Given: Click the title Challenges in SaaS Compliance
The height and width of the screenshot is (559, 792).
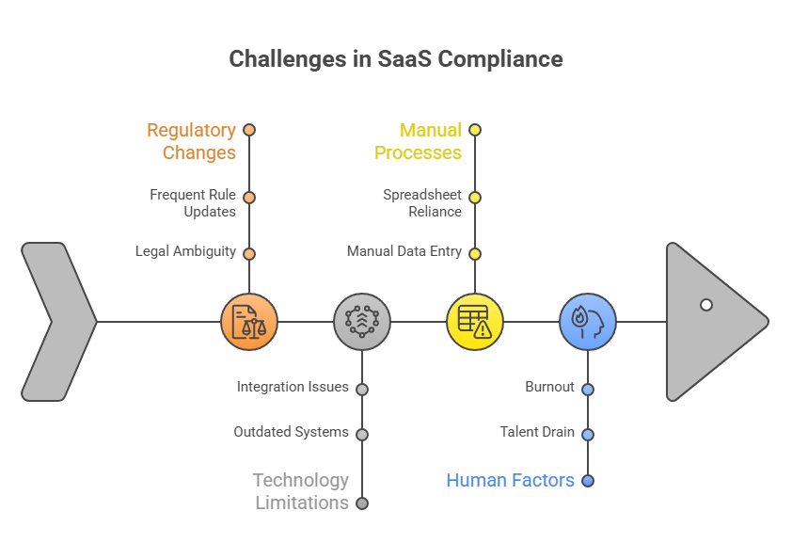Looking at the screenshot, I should [396, 59].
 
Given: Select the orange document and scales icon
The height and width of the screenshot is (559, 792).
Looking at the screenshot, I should [249, 322].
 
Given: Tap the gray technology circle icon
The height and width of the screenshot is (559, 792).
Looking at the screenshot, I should [362, 322].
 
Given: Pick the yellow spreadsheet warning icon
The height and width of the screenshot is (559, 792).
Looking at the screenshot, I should [475, 322].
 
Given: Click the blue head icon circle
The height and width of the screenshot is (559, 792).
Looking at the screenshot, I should [588, 322].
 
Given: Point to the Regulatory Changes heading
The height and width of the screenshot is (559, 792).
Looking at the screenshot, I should [191, 141].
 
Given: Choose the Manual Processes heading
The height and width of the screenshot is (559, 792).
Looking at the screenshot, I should [418, 141].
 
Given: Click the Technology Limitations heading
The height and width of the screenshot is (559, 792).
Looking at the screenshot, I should [301, 491].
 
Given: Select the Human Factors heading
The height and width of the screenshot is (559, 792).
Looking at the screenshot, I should [510, 480].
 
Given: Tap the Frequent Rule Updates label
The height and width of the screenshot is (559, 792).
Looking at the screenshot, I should [193, 203].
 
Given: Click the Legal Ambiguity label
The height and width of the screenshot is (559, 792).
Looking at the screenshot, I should [185, 252].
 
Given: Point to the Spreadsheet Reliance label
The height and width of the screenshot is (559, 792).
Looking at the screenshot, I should [422, 203].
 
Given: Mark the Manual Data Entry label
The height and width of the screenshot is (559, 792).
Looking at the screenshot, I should [404, 252].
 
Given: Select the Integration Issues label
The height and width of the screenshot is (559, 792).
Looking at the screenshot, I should [293, 387].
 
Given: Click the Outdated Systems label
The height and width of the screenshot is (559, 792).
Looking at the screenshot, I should [291, 432].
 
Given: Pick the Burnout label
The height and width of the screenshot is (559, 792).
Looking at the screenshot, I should [549, 387].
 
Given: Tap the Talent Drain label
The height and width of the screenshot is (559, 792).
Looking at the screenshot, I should [537, 432].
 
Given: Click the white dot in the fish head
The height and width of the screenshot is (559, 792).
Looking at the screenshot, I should [706, 305].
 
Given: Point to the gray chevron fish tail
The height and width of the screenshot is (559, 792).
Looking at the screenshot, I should [56, 322].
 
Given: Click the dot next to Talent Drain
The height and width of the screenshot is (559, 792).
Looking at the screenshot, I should [588, 435].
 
